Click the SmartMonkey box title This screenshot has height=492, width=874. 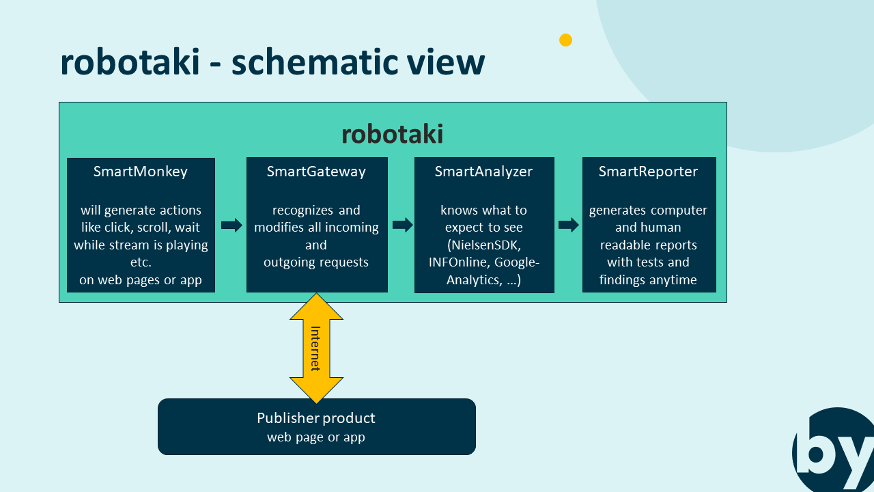point(141,172)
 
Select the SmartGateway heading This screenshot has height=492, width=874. point(316,172)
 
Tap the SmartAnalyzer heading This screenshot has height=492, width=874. point(483,172)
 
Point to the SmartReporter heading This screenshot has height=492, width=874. point(648,172)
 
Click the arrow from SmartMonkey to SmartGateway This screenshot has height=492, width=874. point(231,225)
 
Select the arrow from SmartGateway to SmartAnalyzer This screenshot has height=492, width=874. point(402,225)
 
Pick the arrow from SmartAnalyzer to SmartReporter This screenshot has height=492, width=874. point(568,225)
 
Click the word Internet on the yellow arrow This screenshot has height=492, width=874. point(315,348)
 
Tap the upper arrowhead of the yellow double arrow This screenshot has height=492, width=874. point(316,307)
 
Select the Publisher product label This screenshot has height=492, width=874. point(316,418)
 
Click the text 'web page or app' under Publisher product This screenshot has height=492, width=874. point(316,437)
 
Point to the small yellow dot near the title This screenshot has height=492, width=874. point(565,40)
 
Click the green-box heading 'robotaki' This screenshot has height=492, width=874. point(392,134)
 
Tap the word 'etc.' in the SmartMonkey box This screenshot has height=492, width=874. point(141,262)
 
